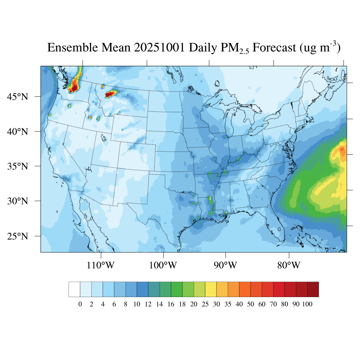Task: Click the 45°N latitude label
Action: tap(18, 96)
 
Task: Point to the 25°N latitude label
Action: tap(18, 236)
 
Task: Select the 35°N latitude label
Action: tap(18, 166)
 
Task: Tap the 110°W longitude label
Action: tap(101, 265)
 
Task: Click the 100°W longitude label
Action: tap(163, 265)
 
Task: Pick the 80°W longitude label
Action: tap(289, 265)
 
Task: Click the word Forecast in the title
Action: tap(275, 47)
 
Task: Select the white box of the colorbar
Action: tap(74, 289)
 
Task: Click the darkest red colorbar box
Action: tap(313, 289)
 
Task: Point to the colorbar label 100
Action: tap(307, 304)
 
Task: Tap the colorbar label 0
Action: tap(80, 304)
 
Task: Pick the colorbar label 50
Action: tap(250, 304)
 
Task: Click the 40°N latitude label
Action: tap(18, 131)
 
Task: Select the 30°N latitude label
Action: tap(18, 201)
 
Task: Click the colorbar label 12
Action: tap(148, 304)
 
